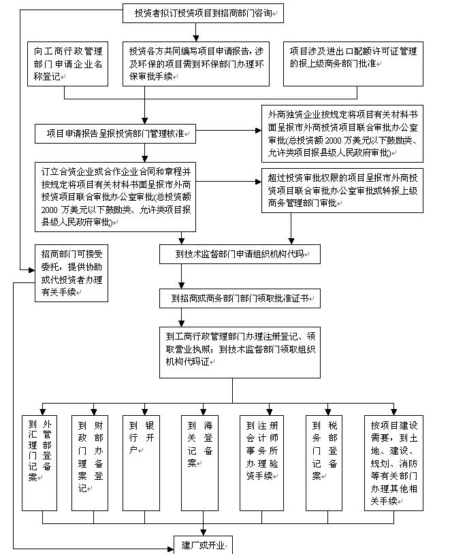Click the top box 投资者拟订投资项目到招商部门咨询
click(x=203, y=14)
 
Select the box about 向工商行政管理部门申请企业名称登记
click(x=67, y=64)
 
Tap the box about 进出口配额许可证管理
click(x=353, y=64)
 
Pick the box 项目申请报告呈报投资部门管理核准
click(x=115, y=133)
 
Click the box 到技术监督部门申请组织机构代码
click(x=240, y=254)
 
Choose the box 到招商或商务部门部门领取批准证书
click(x=240, y=299)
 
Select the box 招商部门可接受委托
click(x=71, y=273)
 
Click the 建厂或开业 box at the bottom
click(x=203, y=545)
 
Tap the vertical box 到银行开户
click(x=141, y=463)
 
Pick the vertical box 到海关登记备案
click(x=199, y=463)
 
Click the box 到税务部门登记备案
click(x=324, y=463)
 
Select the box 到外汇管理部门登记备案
click(x=39, y=463)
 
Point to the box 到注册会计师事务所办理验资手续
click(x=261, y=463)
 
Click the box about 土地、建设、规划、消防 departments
click(x=393, y=463)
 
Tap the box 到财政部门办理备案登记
click(x=90, y=463)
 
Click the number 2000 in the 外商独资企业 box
click(x=333, y=141)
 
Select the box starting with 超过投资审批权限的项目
click(x=342, y=191)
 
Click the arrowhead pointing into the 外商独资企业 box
click(x=259, y=131)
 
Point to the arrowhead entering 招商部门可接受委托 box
click(x=32, y=270)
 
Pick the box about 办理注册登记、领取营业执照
click(x=240, y=353)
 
